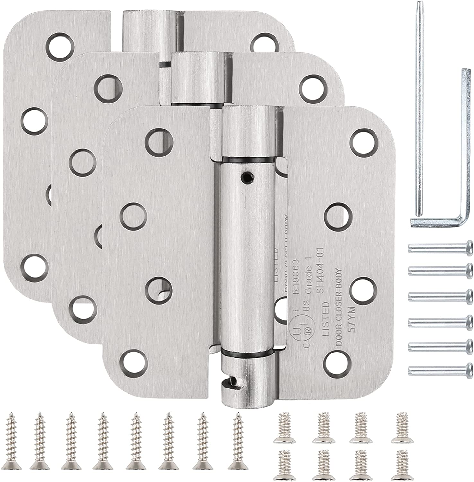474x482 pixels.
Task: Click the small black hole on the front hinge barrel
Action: (246, 176)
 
